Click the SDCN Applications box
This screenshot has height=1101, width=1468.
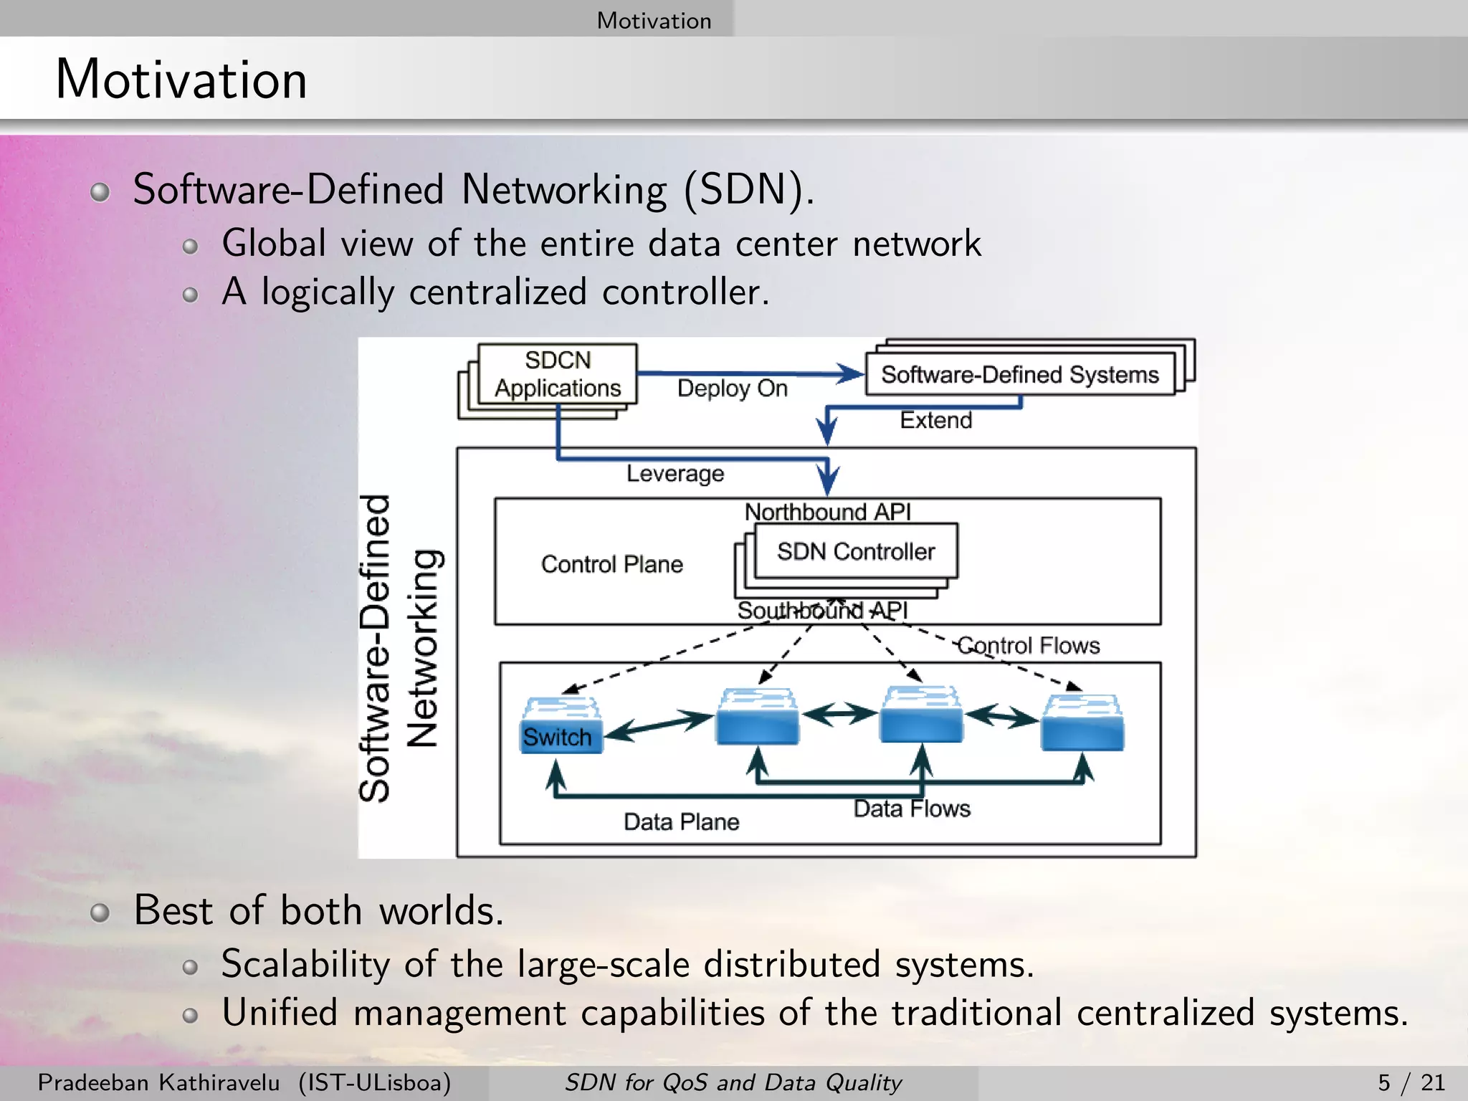[x=558, y=374]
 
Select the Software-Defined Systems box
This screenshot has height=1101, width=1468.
[x=1019, y=374]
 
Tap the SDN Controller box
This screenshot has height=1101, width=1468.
[x=856, y=551]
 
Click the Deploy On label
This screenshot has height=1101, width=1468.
[x=732, y=389]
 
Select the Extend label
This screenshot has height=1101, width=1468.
[x=935, y=420]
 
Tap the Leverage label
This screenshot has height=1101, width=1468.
[x=675, y=474]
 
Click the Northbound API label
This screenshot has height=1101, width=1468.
[x=827, y=512]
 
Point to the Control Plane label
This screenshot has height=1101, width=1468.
[x=611, y=564]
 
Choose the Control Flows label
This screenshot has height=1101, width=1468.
[x=1028, y=646]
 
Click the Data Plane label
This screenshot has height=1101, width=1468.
[x=681, y=821]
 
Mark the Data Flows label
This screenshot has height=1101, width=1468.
[x=911, y=809]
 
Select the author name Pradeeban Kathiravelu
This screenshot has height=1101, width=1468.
[x=158, y=1082]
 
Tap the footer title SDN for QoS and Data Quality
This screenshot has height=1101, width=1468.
[x=733, y=1082]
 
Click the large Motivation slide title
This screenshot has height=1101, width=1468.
[x=181, y=79]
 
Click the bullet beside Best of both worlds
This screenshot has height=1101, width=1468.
[x=100, y=912]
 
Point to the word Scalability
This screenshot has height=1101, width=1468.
[x=305, y=964]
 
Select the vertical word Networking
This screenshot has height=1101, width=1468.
[x=423, y=649]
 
